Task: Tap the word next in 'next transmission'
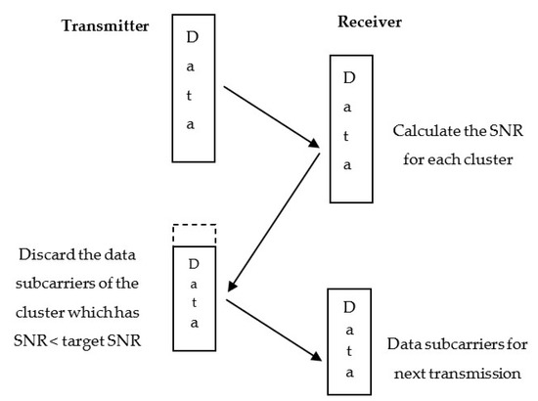[x=419, y=374]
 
